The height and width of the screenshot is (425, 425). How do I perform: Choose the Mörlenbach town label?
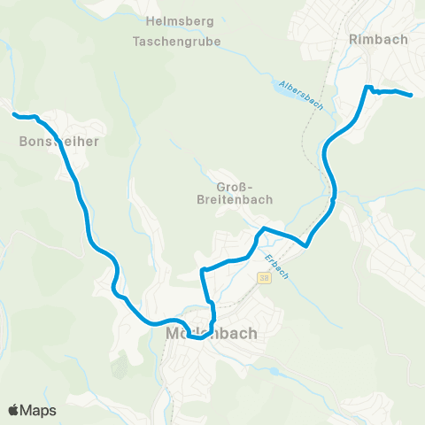point(211,334)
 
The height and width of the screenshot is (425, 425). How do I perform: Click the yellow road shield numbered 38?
point(264,278)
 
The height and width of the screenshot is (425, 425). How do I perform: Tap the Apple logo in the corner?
point(13,410)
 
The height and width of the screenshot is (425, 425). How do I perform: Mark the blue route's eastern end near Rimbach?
point(412,95)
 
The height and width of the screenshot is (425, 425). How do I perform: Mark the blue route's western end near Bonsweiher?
point(14,114)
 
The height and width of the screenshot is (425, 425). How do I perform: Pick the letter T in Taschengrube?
point(135,41)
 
